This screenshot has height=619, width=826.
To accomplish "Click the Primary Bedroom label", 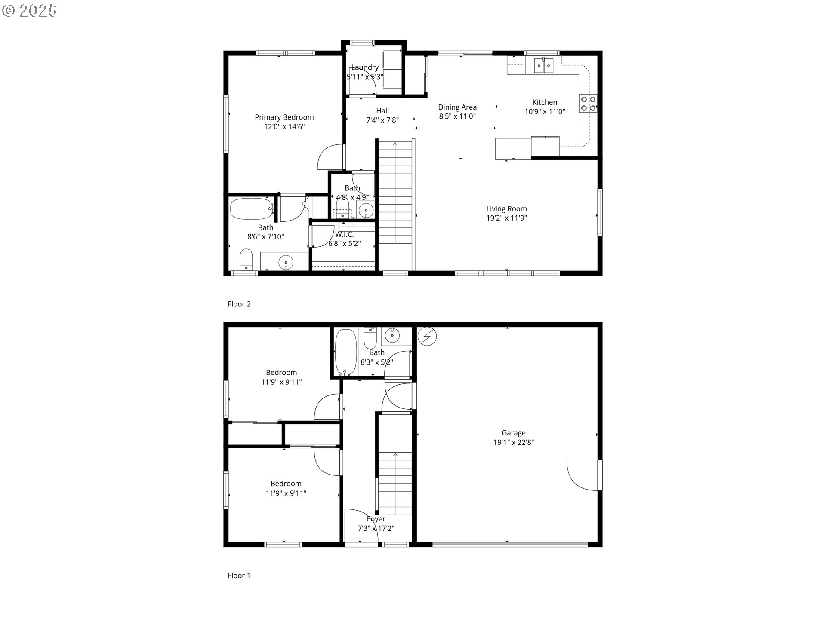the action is pos(284,117).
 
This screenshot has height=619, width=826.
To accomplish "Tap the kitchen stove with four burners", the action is pos(588,103).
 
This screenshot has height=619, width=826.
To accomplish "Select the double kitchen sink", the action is pos(544,65).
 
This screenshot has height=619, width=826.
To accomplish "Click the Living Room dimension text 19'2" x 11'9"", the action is pos(506,218).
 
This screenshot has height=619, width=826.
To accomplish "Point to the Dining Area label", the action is pos(457,107).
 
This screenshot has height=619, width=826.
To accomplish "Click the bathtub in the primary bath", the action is pos(252,209).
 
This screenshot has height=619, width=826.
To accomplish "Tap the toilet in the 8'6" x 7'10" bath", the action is pos(247,260).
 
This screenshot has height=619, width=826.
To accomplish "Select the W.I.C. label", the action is pos(344,234).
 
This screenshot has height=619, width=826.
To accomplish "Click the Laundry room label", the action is pos(365,67).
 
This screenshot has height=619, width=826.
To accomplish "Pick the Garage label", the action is pos(513,433).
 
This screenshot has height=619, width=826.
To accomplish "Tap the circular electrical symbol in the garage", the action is pos(427,337).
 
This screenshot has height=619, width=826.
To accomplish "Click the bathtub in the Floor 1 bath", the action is pos(346,352).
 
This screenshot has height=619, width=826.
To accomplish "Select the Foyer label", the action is pos(376,519).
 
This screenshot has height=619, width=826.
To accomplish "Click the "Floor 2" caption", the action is pos(239,304).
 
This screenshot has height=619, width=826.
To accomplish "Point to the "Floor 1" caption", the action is pos(239,575).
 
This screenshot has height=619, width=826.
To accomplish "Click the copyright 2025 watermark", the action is pos(29,11).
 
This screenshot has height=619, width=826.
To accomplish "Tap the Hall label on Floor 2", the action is pos(382,111).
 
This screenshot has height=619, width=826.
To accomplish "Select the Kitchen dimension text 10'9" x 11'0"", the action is pos(545,112).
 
